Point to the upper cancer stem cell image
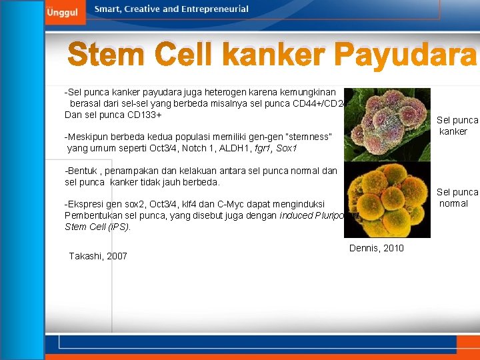point(387,124)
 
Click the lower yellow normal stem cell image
point(387,200)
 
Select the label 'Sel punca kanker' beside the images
point(457,125)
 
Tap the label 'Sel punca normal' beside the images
point(457,197)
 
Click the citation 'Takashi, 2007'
point(98,256)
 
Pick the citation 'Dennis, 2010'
point(376,248)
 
